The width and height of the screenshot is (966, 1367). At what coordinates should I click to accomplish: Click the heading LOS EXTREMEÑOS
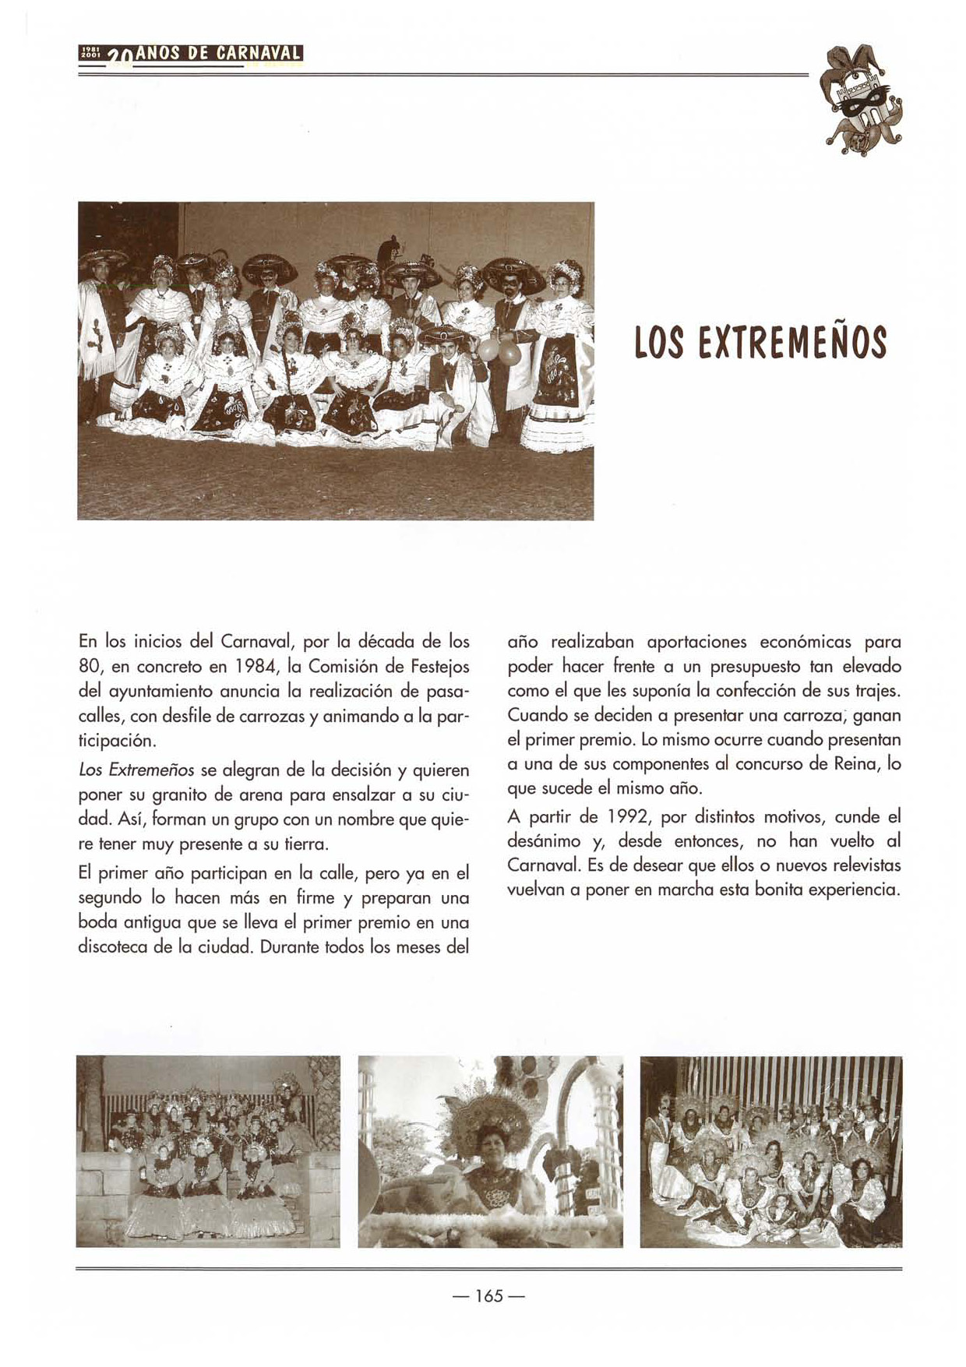(760, 343)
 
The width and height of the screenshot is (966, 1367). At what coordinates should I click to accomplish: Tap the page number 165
(489, 1296)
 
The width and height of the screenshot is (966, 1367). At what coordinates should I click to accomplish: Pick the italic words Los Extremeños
(136, 770)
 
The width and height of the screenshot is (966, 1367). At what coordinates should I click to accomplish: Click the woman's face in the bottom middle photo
(490, 1140)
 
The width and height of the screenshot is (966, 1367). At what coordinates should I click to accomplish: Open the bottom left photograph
(208, 1151)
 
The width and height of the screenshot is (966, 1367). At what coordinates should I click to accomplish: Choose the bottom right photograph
(770, 1151)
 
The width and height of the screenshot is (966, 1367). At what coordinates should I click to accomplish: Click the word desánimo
(543, 842)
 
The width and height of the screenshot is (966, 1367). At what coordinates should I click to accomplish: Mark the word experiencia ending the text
(854, 890)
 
